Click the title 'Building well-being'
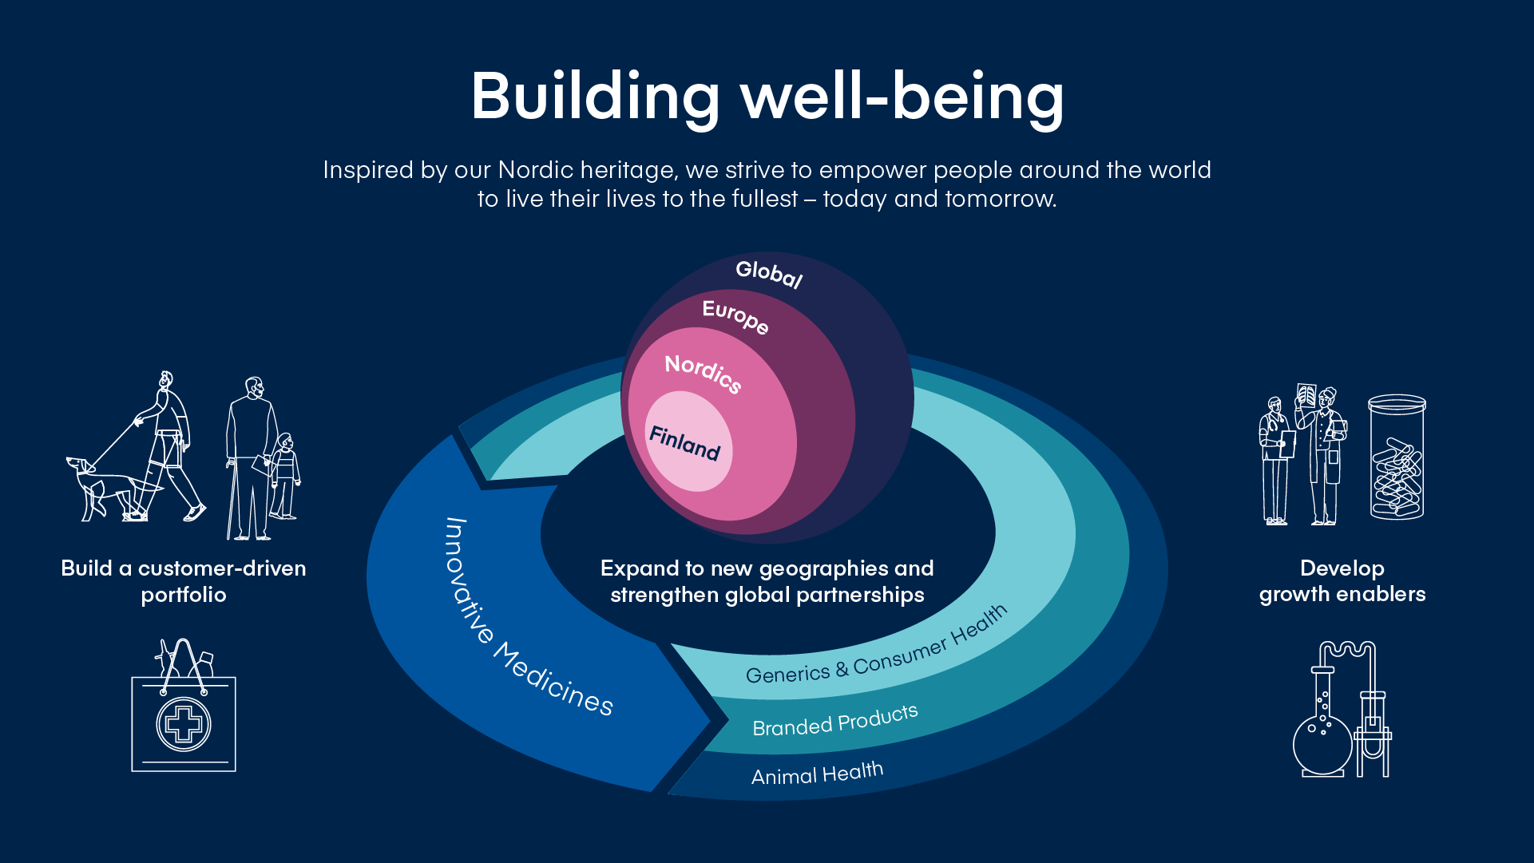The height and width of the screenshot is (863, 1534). pyautogui.click(x=767, y=97)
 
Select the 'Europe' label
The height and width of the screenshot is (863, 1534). pyautogui.click(x=735, y=316)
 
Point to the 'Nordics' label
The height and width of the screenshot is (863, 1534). pyautogui.click(x=704, y=373)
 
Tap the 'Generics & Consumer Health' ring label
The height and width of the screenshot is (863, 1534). pyautogui.click(x=876, y=646)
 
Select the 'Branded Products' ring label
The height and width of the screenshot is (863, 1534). pyautogui.click(x=834, y=720)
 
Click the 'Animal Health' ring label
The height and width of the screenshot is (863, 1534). pyautogui.click(x=817, y=774)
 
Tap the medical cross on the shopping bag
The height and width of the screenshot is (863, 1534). pyautogui.click(x=184, y=724)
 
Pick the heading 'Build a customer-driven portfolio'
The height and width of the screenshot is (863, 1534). pyautogui.click(x=184, y=581)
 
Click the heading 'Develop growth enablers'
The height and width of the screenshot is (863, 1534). pyautogui.click(x=1342, y=580)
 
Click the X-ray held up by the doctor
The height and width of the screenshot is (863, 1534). pyautogui.click(x=1306, y=395)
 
